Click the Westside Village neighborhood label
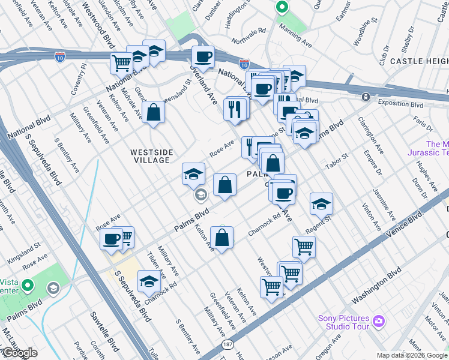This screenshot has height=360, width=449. click(150, 156)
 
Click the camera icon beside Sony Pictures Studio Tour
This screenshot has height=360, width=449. click(379, 321)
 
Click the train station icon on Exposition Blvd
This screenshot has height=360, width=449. click(365, 97)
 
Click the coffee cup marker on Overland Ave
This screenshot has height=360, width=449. click(202, 57)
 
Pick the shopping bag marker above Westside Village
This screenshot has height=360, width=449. click(154, 112)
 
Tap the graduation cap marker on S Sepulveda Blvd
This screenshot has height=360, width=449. click(149, 281)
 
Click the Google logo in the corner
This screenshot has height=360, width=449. click(19, 353)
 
